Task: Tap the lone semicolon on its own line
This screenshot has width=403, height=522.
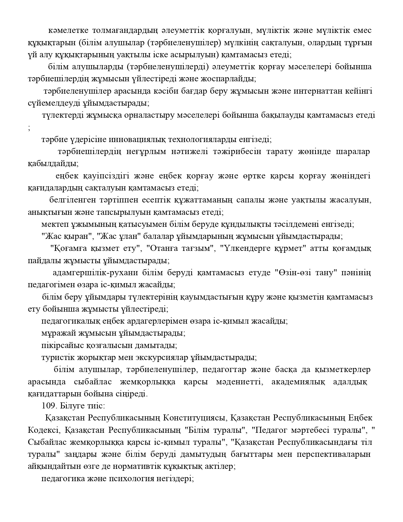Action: [x=29, y=127]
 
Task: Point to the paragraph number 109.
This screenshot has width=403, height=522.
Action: [x=48, y=406]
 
